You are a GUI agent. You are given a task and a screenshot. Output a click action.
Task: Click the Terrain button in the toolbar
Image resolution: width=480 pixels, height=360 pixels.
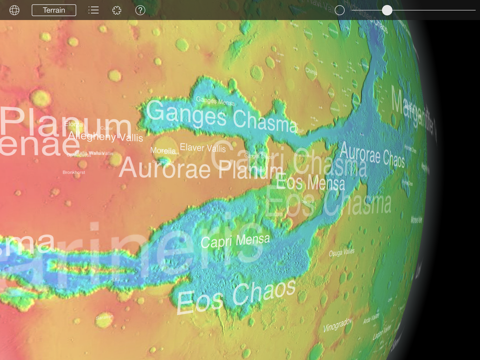[x=53, y=10]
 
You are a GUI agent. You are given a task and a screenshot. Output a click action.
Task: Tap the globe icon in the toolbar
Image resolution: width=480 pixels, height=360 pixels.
[x=14, y=10]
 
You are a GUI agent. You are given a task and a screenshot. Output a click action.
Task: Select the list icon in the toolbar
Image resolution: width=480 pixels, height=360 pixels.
[x=93, y=10]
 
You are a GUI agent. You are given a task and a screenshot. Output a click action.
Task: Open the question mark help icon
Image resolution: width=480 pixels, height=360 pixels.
[x=140, y=10]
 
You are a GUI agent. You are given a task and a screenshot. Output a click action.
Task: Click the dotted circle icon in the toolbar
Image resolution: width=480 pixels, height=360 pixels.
[x=117, y=10]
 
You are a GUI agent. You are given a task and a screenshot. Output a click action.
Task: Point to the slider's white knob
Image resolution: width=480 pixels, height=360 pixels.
[x=387, y=10]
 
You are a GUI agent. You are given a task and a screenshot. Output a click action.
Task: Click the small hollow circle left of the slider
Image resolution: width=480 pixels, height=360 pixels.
[x=340, y=10]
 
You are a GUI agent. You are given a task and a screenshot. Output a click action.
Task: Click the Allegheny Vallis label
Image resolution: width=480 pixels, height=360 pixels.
[x=106, y=135]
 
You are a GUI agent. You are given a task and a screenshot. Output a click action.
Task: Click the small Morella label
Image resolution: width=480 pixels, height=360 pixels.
[x=163, y=150]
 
